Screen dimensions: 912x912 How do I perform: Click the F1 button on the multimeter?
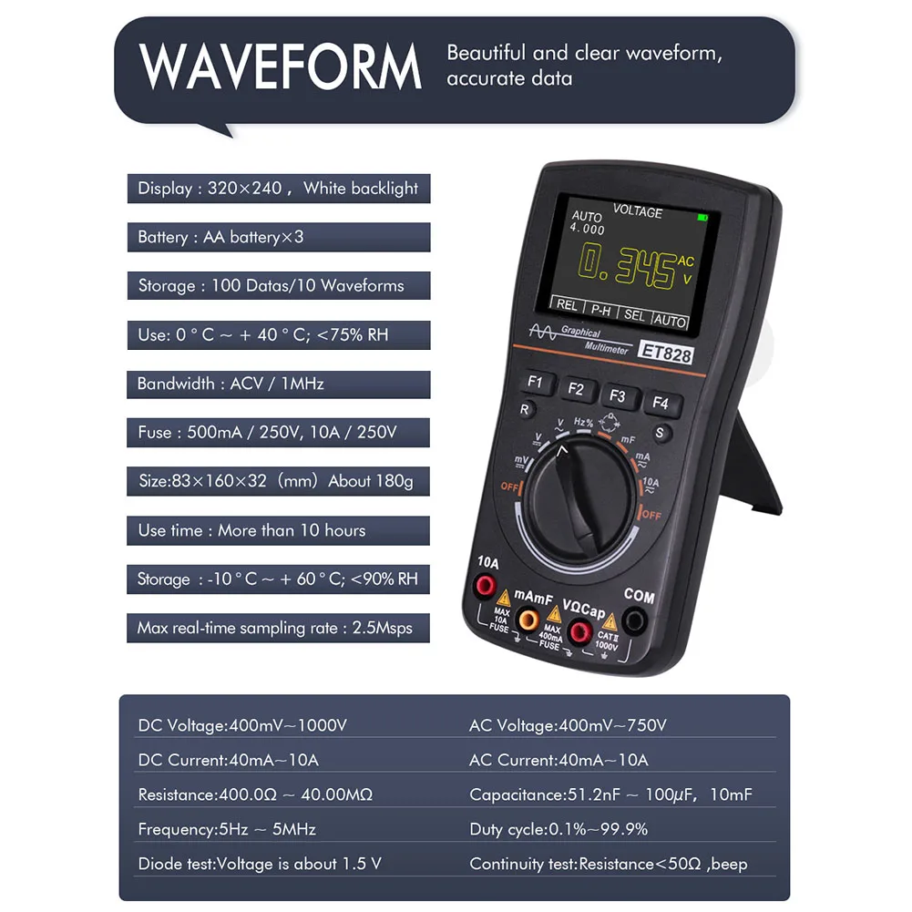tap(535, 383)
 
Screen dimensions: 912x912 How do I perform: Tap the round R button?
tap(526, 410)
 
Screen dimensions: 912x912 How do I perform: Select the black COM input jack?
tap(634, 622)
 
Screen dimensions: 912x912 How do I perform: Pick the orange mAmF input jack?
tap(527, 620)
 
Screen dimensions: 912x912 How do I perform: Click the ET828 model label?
tap(666, 354)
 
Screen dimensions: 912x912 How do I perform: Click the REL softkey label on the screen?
tap(567, 305)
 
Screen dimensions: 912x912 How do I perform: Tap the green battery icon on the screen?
tap(702, 218)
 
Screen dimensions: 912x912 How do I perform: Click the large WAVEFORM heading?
tap(282, 67)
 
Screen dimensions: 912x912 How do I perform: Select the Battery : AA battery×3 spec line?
tap(220, 237)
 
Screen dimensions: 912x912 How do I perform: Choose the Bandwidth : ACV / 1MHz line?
tap(231, 384)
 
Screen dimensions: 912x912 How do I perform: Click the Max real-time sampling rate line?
tap(274, 628)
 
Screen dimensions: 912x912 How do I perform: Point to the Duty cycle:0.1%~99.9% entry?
tap(558, 829)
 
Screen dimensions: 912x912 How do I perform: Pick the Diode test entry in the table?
tap(259, 864)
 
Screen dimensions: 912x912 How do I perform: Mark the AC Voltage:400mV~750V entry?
tap(568, 726)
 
